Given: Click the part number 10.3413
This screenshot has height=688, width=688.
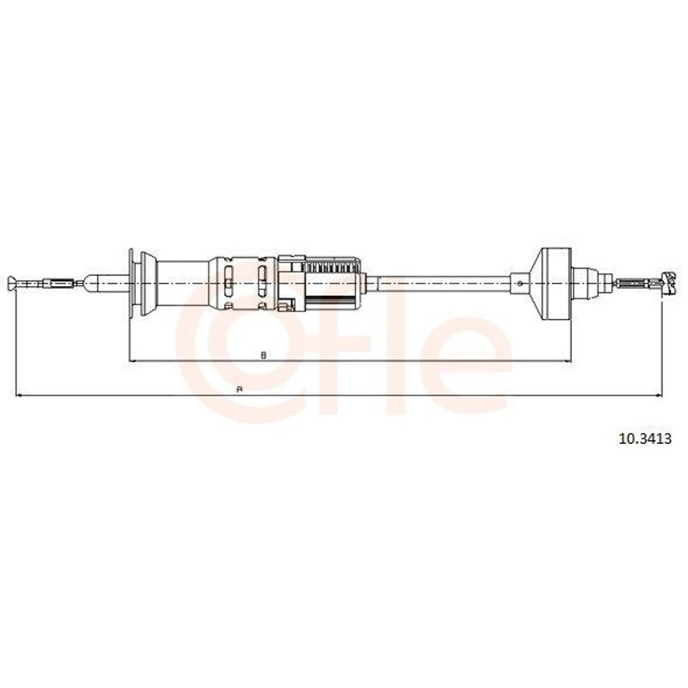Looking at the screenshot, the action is [x=644, y=439].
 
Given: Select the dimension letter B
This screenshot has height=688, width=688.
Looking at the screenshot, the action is [x=263, y=355].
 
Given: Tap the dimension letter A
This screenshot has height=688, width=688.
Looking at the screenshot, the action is [x=239, y=390].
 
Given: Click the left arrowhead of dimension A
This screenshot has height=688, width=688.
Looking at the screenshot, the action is [x=19, y=396].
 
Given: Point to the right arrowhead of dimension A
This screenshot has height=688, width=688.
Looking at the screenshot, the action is [x=657, y=396].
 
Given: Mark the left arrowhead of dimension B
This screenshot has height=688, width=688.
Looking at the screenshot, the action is [x=133, y=361].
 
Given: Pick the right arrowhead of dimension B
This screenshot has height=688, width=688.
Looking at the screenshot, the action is [x=567, y=361].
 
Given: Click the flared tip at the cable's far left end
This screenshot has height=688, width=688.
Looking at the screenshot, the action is [x=12, y=283].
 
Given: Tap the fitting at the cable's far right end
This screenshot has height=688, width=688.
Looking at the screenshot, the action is [x=668, y=284].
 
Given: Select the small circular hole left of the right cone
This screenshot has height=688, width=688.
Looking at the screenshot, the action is [x=520, y=284].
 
